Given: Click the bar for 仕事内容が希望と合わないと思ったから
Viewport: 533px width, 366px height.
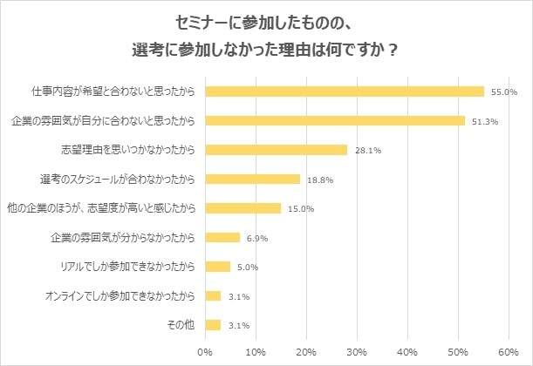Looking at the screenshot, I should [x=345, y=91].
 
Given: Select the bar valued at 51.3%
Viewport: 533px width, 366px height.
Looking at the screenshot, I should [x=335, y=120].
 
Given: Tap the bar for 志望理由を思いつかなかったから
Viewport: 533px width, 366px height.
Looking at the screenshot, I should [x=276, y=150].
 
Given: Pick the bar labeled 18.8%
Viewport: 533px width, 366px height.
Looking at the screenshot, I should [x=252, y=179].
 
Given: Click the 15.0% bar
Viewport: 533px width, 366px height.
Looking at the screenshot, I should [x=243, y=208].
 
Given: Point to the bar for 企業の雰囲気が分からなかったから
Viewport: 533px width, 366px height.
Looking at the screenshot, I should [x=222, y=237].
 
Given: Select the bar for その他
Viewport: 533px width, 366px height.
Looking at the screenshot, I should [x=213, y=325].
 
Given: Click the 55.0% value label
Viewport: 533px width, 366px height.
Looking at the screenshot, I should [x=504, y=91].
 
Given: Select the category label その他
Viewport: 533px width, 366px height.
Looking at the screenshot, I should [x=181, y=325].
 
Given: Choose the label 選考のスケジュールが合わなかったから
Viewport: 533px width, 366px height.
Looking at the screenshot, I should [x=118, y=179].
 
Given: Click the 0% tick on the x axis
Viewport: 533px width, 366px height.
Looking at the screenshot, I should [x=205, y=352].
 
